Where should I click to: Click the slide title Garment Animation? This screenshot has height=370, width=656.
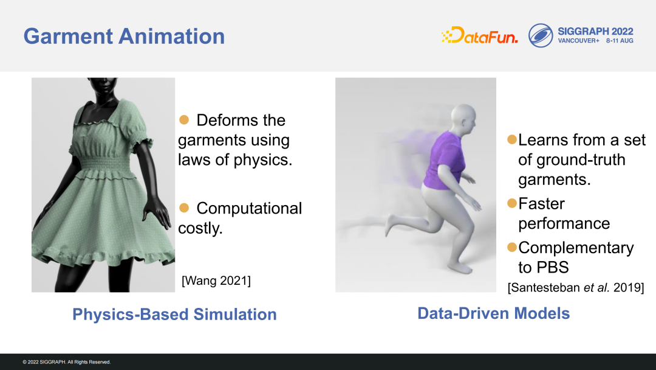(124, 37)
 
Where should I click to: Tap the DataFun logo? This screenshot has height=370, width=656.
(479, 35)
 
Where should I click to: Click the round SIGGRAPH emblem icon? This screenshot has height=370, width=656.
(541, 35)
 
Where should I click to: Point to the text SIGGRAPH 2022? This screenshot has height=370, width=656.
(595, 32)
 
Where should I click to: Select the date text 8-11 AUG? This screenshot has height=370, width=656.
(620, 41)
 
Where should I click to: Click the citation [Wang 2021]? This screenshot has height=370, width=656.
(216, 281)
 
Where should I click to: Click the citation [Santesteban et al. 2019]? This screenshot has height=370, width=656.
(576, 287)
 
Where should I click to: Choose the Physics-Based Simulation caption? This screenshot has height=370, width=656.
(174, 314)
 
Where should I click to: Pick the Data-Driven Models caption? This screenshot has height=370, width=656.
(494, 313)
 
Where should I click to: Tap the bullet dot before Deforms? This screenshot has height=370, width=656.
(184, 120)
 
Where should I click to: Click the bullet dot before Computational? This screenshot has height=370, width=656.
(184, 208)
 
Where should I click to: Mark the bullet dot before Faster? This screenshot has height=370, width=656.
(512, 203)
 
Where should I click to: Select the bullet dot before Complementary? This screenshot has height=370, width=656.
(512, 247)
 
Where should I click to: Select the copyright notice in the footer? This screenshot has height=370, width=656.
(67, 362)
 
